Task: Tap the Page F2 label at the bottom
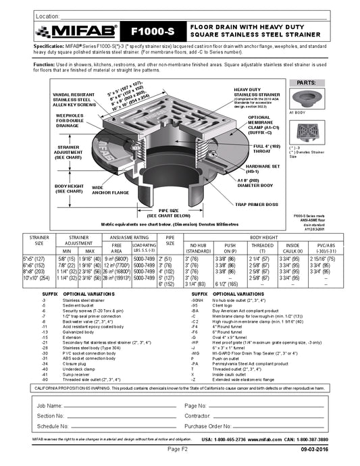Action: pyautogui.click(x=181, y=448)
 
